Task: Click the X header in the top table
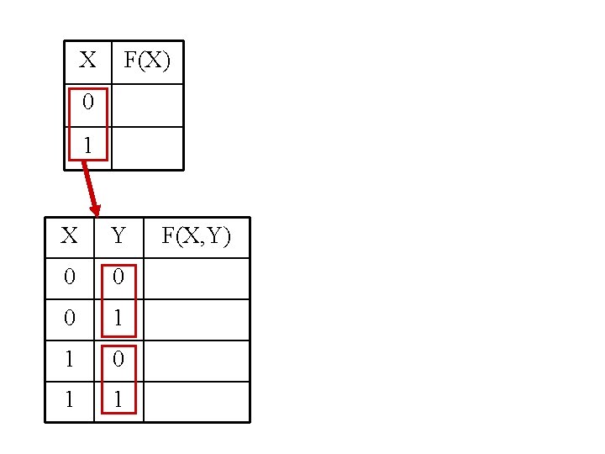coord(87,61)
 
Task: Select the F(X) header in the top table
coord(147,61)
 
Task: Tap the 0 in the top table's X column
coord(87,103)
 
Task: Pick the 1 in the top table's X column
coord(87,146)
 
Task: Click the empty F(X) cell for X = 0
coord(147,105)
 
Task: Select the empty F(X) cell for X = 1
coord(147,148)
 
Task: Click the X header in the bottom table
coord(69,236)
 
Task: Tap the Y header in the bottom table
coord(118,236)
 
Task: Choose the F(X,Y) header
coord(196,236)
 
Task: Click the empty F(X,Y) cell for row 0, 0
coord(196,278)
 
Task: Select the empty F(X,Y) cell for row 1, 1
coord(196,401)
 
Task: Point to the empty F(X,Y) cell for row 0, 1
coord(196,319)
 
